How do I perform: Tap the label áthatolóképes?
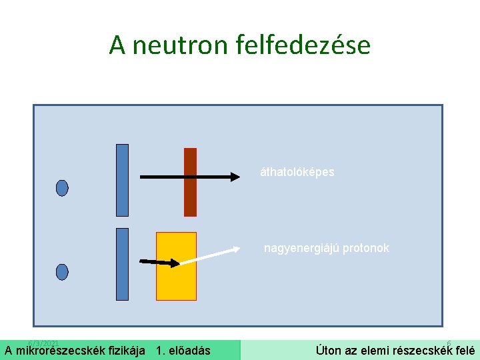click(x=297, y=172)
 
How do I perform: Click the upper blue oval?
click(x=62, y=188)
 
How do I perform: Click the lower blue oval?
click(x=62, y=272)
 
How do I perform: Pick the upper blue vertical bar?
click(x=122, y=180)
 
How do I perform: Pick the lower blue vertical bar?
click(x=122, y=264)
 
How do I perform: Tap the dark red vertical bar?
click(x=191, y=182)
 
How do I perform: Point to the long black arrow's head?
click(x=235, y=177)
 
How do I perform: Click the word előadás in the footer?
click(x=189, y=351)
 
